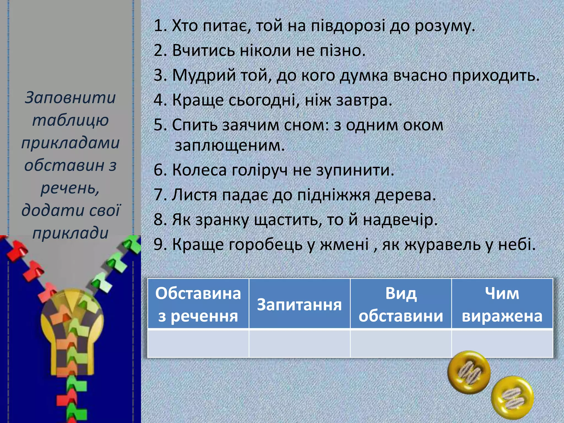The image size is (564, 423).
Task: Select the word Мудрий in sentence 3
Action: (204, 75)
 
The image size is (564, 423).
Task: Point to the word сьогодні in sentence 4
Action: (264, 100)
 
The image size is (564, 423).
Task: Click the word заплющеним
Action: (229, 146)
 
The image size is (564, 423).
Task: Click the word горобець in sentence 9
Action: (266, 245)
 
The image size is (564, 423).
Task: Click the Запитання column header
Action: (299, 304)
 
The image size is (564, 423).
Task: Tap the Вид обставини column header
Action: (401, 304)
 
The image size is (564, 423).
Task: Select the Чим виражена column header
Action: (502, 304)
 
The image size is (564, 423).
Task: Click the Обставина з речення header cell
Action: (198, 304)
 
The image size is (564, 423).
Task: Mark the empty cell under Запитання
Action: (299, 343)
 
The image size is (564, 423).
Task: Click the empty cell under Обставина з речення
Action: (198, 343)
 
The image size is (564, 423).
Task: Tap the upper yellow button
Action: (469, 372)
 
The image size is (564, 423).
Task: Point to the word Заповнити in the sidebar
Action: (70, 98)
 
